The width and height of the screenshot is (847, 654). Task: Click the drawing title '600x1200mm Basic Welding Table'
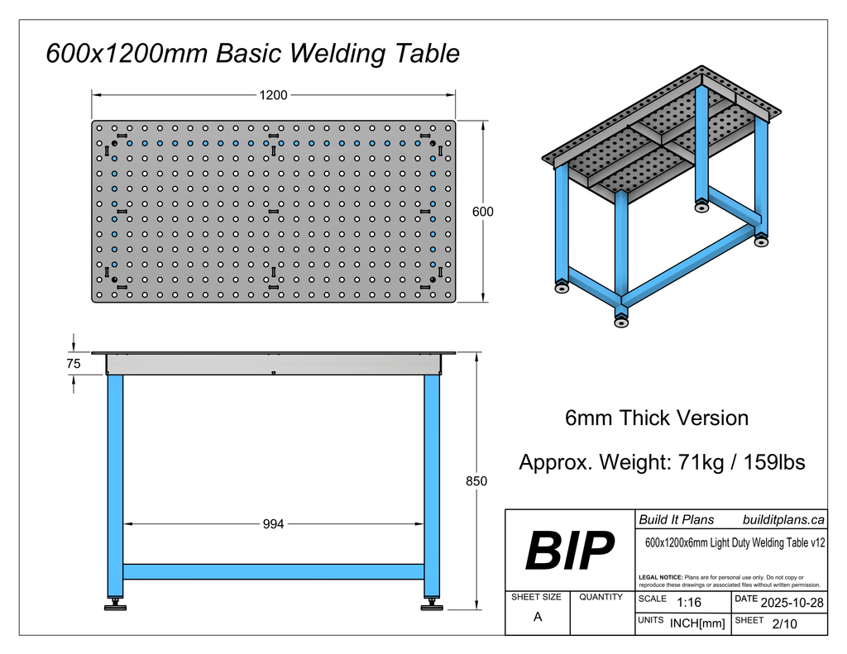tap(252, 55)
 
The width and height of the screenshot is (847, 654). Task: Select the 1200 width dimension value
tap(273, 95)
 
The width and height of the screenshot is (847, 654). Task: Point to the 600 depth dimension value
tap(482, 212)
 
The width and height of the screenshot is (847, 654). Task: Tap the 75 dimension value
tap(74, 363)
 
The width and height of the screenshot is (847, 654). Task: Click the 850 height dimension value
tap(476, 481)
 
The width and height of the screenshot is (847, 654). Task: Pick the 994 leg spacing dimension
tap(273, 523)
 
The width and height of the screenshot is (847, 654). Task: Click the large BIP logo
tap(570, 551)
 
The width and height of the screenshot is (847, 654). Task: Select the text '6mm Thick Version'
tap(656, 418)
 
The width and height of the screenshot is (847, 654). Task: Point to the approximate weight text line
tap(662, 462)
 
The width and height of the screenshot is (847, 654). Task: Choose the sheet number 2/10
tap(783, 623)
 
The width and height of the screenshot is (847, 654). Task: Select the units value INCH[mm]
tap(697, 623)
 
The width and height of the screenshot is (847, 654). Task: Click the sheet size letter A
tap(538, 617)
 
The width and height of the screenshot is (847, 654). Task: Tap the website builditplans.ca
tap(782, 519)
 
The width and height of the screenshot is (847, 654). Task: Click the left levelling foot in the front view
tap(115, 607)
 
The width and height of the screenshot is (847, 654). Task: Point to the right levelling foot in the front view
tap(432, 607)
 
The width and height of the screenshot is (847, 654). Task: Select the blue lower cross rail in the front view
tap(273, 571)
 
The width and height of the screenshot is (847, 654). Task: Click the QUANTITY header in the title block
tap(601, 597)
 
